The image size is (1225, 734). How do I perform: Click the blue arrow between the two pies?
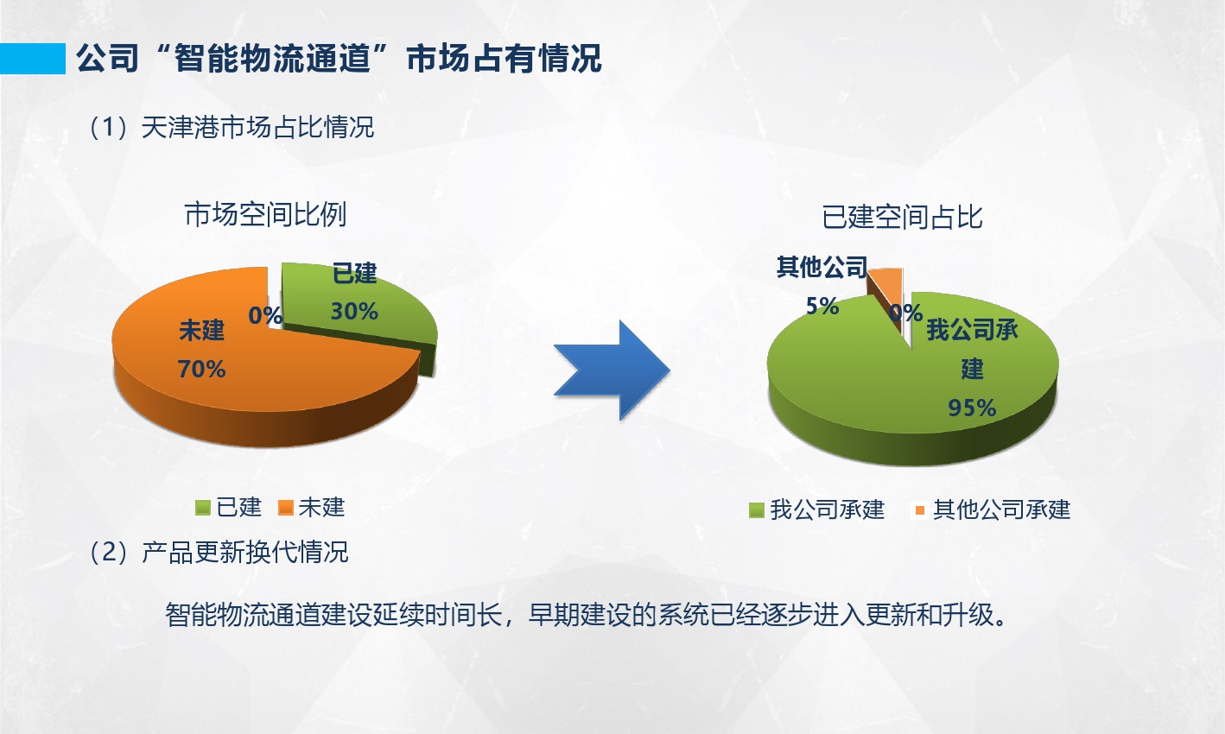click(x=612, y=370)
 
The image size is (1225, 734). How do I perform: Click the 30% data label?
click(x=354, y=312)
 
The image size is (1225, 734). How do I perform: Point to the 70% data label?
click(x=201, y=370)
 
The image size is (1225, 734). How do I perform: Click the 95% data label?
click(x=972, y=408)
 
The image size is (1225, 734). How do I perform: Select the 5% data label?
click(x=822, y=306)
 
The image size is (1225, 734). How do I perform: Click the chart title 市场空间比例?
click(x=266, y=214)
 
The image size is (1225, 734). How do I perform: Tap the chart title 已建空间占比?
click(x=903, y=217)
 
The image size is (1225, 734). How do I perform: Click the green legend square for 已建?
click(x=203, y=508)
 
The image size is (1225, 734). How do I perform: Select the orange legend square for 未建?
click(x=286, y=508)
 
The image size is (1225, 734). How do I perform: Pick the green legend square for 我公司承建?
click(x=756, y=510)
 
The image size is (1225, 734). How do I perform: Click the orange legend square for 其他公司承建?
click(x=920, y=510)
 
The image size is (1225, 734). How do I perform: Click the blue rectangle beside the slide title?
click(x=33, y=59)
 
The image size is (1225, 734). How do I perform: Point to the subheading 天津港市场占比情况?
click(x=257, y=127)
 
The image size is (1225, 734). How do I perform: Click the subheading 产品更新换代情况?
click(x=244, y=552)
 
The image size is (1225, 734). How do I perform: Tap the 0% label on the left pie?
click(x=265, y=315)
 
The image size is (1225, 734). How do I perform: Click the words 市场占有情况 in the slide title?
click(x=505, y=59)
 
